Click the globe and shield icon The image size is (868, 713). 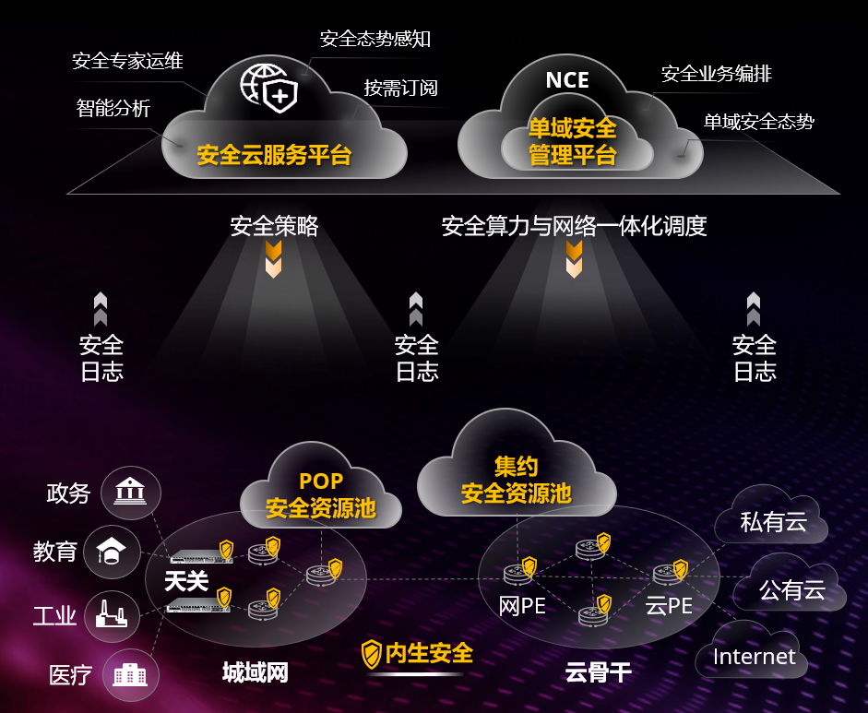269,88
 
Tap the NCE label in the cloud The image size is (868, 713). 567,80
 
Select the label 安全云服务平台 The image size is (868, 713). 274,155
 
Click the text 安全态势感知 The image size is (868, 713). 375,39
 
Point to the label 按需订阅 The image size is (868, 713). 400,88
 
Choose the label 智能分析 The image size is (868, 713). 113,108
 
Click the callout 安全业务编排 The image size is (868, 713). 717,74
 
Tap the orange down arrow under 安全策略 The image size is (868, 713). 273,259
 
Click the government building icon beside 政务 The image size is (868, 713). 130,493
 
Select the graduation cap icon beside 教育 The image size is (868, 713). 112,552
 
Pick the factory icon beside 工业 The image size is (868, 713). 112,614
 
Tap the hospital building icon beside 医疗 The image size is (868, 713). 130,674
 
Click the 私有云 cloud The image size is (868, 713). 772,515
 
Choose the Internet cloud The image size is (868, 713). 752,650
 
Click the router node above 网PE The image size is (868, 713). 517,574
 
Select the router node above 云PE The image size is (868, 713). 667,574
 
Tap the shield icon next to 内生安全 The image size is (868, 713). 372,654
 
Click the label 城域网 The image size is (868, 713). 256,672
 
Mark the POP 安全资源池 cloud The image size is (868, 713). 321,487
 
